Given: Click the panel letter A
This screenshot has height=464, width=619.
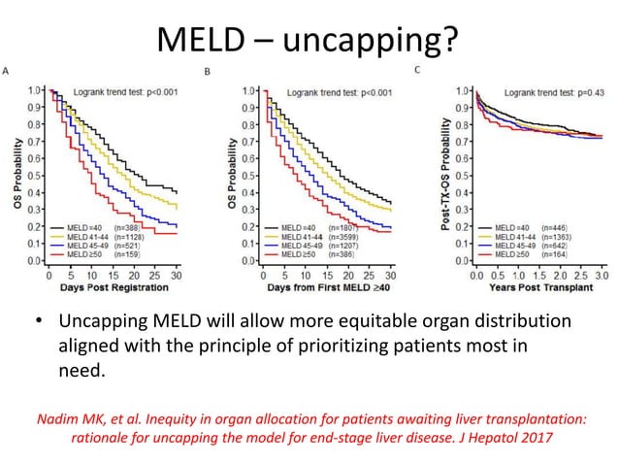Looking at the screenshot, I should coord(8,71).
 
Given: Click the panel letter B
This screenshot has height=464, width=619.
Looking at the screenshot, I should coord(207,71).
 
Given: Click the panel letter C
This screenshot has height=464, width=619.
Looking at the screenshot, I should coord(417,69).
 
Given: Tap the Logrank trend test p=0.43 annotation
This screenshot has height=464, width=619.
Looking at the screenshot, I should coord(548,90).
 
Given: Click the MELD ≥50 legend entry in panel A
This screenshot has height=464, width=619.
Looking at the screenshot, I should coord(81,254).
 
